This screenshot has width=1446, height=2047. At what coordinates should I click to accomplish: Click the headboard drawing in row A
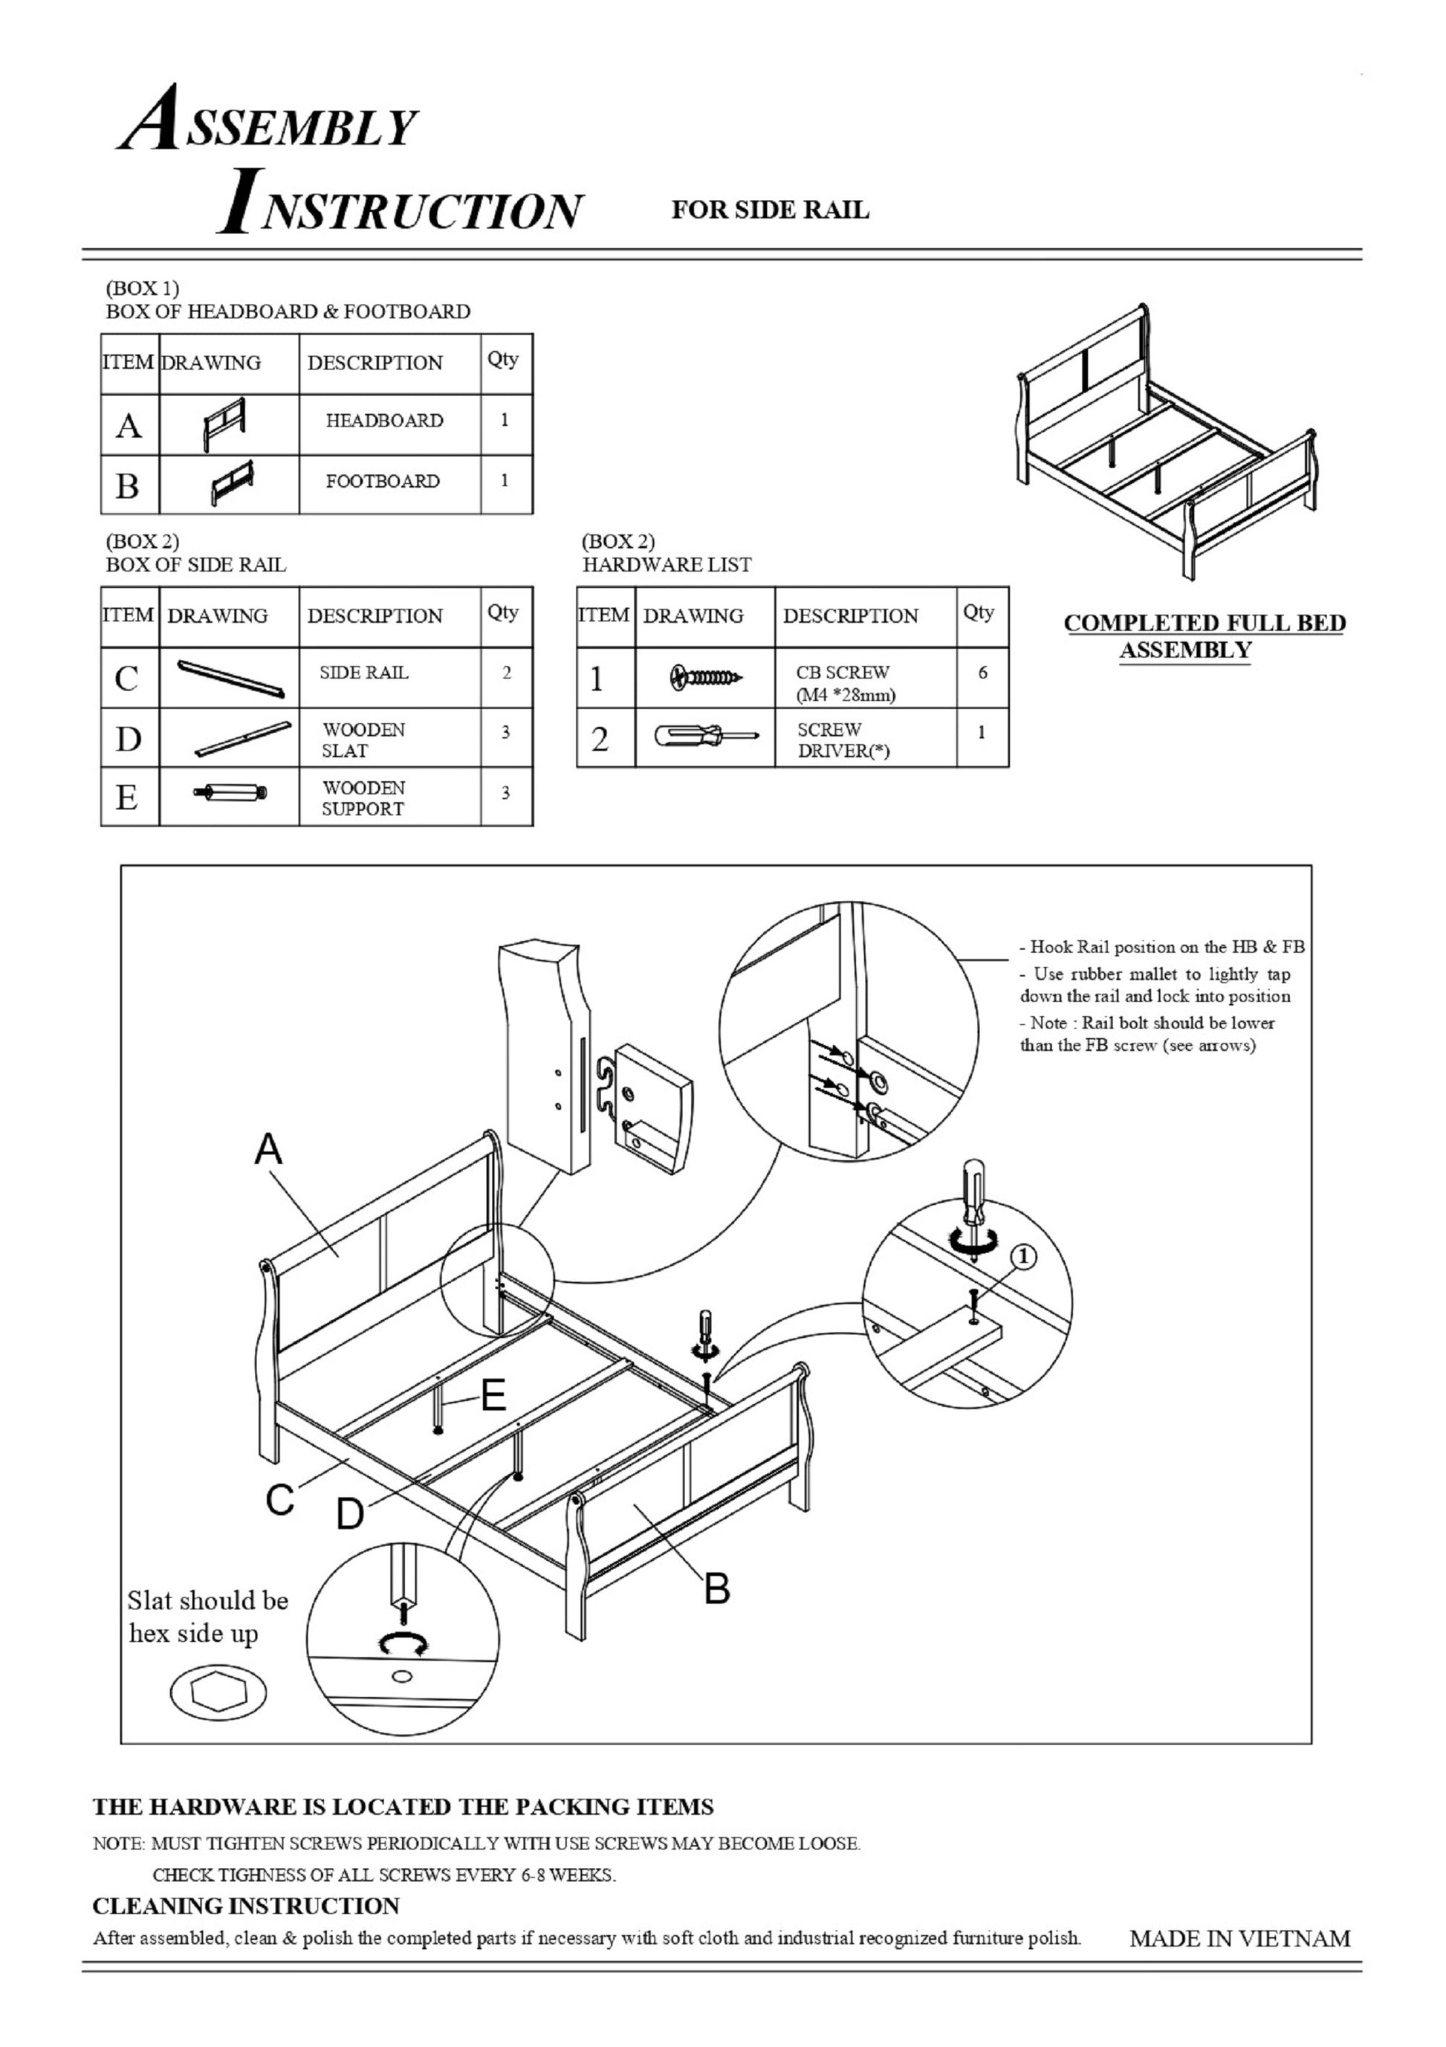click(224, 424)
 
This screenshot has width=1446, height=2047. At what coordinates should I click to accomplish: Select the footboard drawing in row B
click(232, 482)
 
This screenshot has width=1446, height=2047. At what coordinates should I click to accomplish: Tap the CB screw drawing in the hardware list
click(704, 678)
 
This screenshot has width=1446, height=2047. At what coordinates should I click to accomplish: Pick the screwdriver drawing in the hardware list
click(706, 737)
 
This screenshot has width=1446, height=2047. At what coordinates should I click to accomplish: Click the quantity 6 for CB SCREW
click(982, 673)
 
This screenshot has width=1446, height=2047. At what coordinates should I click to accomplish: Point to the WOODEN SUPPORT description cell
click(363, 798)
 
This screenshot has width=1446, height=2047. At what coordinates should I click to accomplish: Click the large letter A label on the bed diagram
click(268, 1149)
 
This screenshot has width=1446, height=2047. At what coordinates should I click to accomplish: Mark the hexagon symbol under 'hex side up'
click(218, 1691)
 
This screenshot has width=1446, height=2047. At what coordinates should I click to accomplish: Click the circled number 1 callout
click(1023, 1257)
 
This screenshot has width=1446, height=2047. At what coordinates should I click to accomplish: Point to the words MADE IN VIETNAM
click(1239, 1938)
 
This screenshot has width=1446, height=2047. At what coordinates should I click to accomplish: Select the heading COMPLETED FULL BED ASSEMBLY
click(1204, 636)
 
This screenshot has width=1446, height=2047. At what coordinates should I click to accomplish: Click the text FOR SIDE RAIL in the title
click(769, 210)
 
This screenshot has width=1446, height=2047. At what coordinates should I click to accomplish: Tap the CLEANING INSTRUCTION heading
click(246, 1906)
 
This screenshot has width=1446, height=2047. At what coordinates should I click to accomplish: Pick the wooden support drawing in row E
click(231, 792)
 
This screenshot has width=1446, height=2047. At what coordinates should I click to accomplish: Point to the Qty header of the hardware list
click(979, 612)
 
